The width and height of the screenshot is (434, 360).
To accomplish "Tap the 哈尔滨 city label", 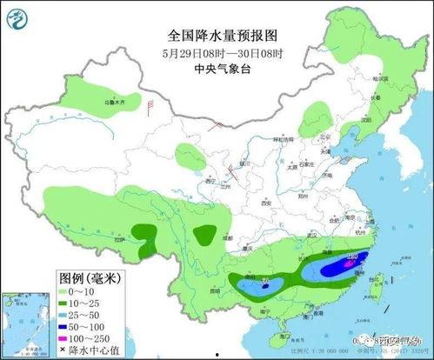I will pos(377,78).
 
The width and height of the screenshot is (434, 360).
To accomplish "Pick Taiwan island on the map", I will pos(376,283).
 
